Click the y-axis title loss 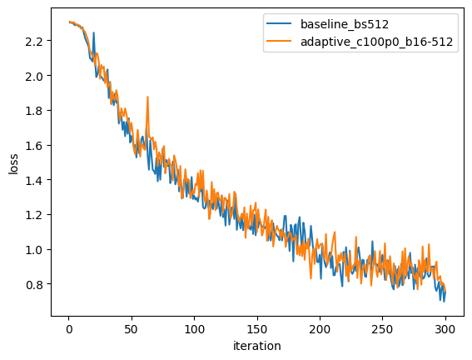point(13,163)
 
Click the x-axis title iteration point(257,346)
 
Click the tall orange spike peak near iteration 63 point(147,97)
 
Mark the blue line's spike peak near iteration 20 point(93,33)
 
